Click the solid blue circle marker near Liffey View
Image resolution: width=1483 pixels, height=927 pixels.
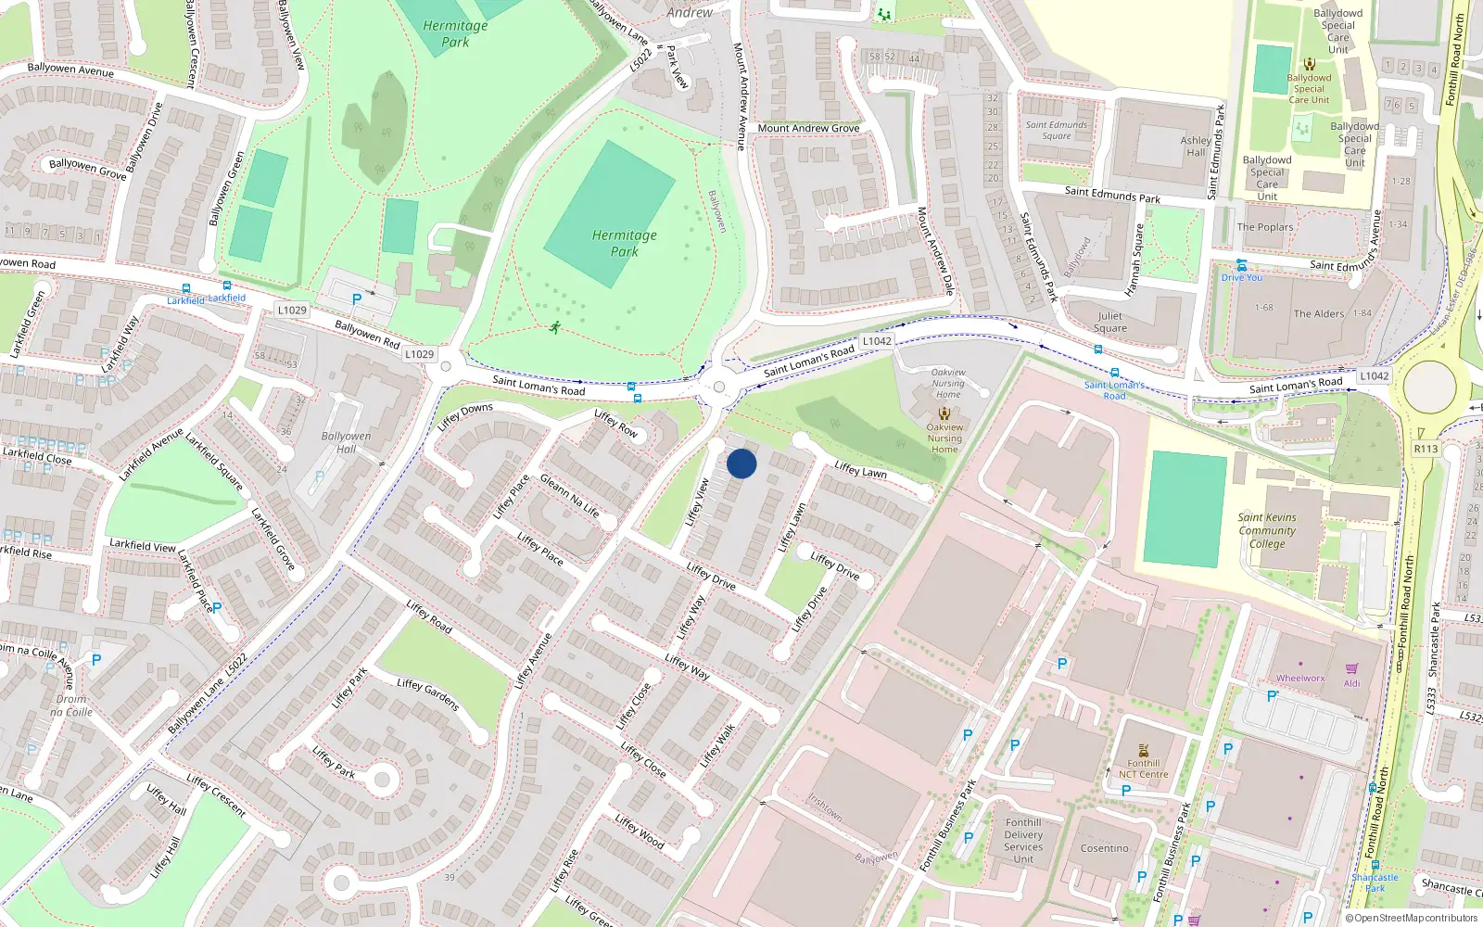tap(741, 463)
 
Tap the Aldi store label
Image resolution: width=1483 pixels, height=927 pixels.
tap(1351, 683)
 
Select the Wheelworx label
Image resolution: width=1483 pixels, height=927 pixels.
tap(1300, 679)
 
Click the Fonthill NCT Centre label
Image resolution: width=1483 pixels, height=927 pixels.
tap(1143, 769)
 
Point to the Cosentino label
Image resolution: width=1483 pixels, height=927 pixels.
tap(1104, 848)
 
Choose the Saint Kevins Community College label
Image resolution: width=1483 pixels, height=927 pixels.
tap(1267, 530)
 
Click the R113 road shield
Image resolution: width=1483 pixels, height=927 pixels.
tap(1426, 450)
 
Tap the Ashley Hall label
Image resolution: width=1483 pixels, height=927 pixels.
tap(1196, 146)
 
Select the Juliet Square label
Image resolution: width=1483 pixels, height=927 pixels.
tap(1109, 322)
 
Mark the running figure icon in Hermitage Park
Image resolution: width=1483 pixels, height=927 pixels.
tap(554, 327)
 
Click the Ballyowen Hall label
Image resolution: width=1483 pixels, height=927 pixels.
tap(346, 442)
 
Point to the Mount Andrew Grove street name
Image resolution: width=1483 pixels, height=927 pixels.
tap(808, 129)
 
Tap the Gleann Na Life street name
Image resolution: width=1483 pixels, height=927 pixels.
tap(569, 496)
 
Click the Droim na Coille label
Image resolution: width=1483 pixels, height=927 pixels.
tap(71, 705)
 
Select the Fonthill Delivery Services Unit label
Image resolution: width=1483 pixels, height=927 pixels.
tap(1023, 841)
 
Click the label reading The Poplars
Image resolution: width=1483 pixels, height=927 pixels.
tap(1264, 227)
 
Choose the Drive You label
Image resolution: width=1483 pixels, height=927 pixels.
tap(1241, 277)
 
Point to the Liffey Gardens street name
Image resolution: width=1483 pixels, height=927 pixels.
tap(427, 694)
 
